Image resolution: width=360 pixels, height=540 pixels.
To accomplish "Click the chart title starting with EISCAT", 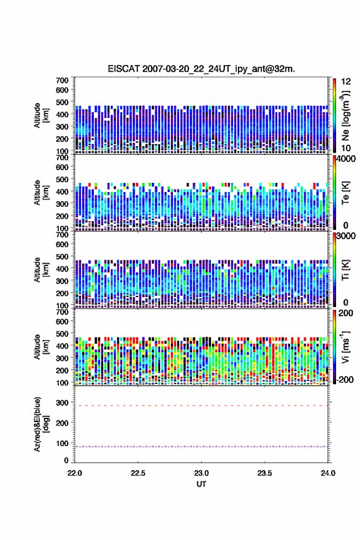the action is pos(201,69).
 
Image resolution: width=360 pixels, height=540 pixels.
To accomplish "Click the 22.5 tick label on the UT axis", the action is pos(138,473).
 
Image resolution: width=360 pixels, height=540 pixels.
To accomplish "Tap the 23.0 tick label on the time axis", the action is pos(201,473).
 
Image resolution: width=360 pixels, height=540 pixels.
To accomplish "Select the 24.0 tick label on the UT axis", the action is pos(328,473).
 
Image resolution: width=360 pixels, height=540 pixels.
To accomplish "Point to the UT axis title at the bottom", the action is pos(201,484).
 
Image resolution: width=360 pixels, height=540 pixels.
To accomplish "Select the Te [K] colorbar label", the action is pos(345,193).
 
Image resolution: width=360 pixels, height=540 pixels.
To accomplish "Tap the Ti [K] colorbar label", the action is pos(345,269).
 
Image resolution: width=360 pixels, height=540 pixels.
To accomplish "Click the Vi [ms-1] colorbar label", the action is pos(345,347).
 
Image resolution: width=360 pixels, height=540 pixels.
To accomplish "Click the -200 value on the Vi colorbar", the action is pos(345,379).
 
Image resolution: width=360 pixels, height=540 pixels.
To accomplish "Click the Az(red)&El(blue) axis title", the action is pos(41,424).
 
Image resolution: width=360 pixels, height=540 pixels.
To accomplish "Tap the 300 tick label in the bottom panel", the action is pos(62,403).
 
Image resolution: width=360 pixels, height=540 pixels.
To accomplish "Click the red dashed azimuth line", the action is pos(201,406).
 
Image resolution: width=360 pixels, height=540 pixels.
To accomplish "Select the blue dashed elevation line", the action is pos(201,447).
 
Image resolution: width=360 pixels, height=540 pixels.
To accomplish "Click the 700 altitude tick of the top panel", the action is pos(62,80).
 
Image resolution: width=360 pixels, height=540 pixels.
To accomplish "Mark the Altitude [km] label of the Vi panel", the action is pos(41,347).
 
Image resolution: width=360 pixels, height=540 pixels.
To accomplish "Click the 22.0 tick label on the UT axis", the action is pos(75,473).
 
